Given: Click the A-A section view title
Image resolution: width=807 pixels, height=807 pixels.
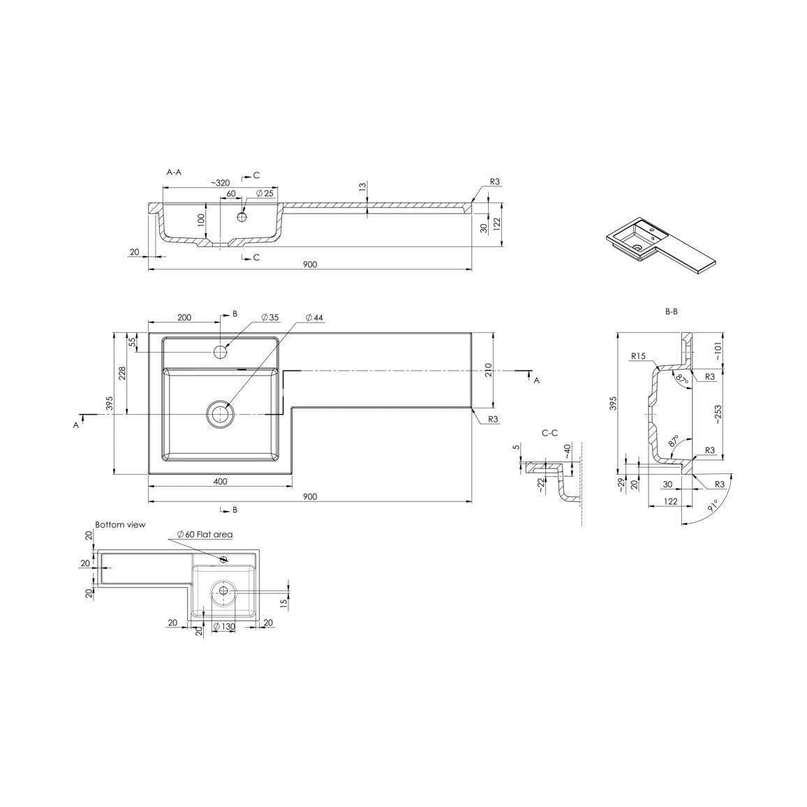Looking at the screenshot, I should (174, 171).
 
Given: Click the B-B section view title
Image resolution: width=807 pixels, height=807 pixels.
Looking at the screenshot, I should (671, 311).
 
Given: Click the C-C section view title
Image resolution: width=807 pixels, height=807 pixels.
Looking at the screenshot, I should (549, 433).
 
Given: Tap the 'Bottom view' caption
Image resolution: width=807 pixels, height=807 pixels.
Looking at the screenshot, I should (120, 524).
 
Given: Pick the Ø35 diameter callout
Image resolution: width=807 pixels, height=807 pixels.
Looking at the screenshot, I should (269, 318).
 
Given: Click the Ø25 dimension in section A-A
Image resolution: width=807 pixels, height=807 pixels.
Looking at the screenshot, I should (265, 193).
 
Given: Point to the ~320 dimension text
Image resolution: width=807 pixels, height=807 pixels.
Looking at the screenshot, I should (220, 183).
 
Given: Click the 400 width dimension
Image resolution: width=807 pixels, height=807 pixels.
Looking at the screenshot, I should (220, 481).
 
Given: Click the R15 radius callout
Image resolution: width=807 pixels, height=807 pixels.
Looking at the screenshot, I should (637, 356).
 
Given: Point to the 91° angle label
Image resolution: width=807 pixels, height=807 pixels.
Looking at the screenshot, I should (712, 506).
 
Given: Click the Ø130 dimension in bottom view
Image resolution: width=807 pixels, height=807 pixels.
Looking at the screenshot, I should (224, 626).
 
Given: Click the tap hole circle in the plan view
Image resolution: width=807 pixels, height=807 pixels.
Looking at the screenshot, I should (221, 351).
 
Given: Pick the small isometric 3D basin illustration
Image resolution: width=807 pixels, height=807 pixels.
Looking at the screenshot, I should (660, 246).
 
